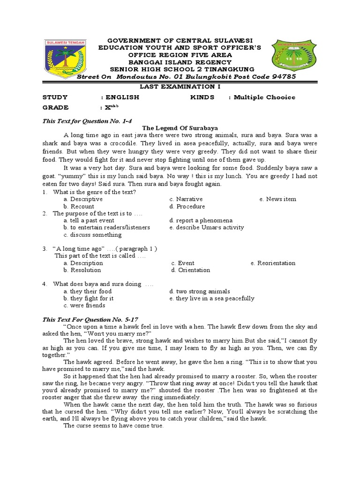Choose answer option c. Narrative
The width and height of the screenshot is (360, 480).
point(186,199)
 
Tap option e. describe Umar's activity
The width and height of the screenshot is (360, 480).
point(207,227)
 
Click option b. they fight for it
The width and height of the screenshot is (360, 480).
point(89,298)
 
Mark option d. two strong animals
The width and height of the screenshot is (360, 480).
point(200,291)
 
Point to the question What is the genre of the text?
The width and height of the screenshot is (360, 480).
point(95,192)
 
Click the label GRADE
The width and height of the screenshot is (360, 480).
point(55,107)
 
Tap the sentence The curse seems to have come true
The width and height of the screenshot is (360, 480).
point(113,426)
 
